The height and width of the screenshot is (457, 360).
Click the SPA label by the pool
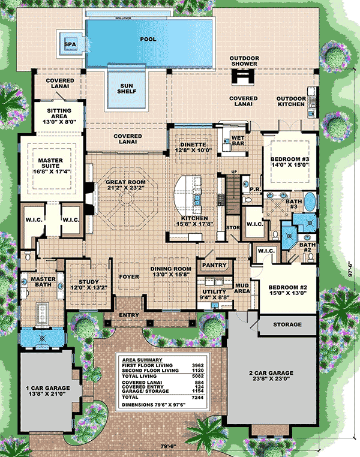pyautogui.click(x=70, y=44)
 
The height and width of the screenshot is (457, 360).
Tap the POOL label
pyautogui.click(x=148, y=40)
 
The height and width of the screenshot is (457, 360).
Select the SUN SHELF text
pyautogui.click(x=127, y=89)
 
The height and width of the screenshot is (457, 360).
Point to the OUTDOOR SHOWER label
pyautogui.click(x=244, y=61)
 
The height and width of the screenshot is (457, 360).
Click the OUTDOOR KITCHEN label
pyautogui.click(x=291, y=101)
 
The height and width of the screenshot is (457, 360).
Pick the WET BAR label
pyautogui.click(x=238, y=140)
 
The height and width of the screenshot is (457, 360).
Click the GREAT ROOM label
pyautogui.click(x=125, y=182)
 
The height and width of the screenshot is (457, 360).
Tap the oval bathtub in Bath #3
pyautogui.click(x=310, y=202)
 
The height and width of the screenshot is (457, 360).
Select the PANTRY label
pyautogui.click(x=214, y=265)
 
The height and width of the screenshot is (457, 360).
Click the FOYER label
pyautogui.click(x=129, y=276)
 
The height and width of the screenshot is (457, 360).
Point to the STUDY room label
pyautogui.click(x=89, y=282)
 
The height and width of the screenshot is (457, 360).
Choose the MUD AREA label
pyautogui.click(x=242, y=288)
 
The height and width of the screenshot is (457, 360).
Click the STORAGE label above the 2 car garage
pyautogui.click(x=287, y=324)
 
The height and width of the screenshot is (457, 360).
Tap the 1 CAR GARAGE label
pyautogui.click(x=48, y=388)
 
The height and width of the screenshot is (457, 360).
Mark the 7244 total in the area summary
pyautogui.click(x=198, y=397)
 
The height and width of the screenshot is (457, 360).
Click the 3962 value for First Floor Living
pyautogui.click(x=198, y=365)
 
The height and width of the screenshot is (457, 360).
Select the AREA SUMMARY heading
pyautogui.click(x=142, y=360)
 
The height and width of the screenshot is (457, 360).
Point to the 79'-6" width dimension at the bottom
pyautogui.click(x=169, y=446)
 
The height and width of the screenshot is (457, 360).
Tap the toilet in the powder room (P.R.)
pyautogui.click(x=247, y=200)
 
